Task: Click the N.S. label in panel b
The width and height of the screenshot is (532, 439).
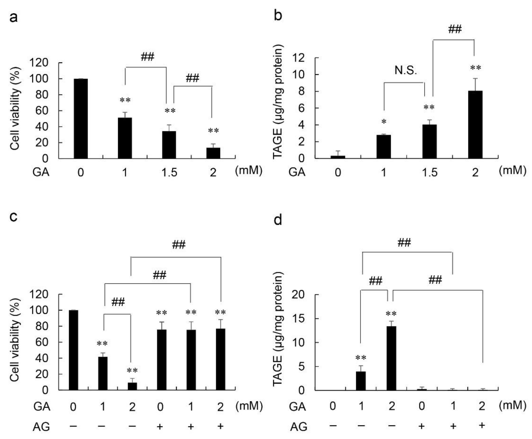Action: point(405,70)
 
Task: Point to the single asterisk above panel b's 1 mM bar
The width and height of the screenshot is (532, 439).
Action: point(384,122)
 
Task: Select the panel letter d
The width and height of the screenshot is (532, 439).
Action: point(278,220)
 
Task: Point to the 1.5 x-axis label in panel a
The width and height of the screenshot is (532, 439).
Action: point(169,173)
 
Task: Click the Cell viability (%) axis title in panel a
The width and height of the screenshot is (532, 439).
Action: point(15,109)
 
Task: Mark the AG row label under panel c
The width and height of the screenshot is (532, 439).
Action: point(41,427)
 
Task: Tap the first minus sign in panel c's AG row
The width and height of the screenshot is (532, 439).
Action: point(73,426)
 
